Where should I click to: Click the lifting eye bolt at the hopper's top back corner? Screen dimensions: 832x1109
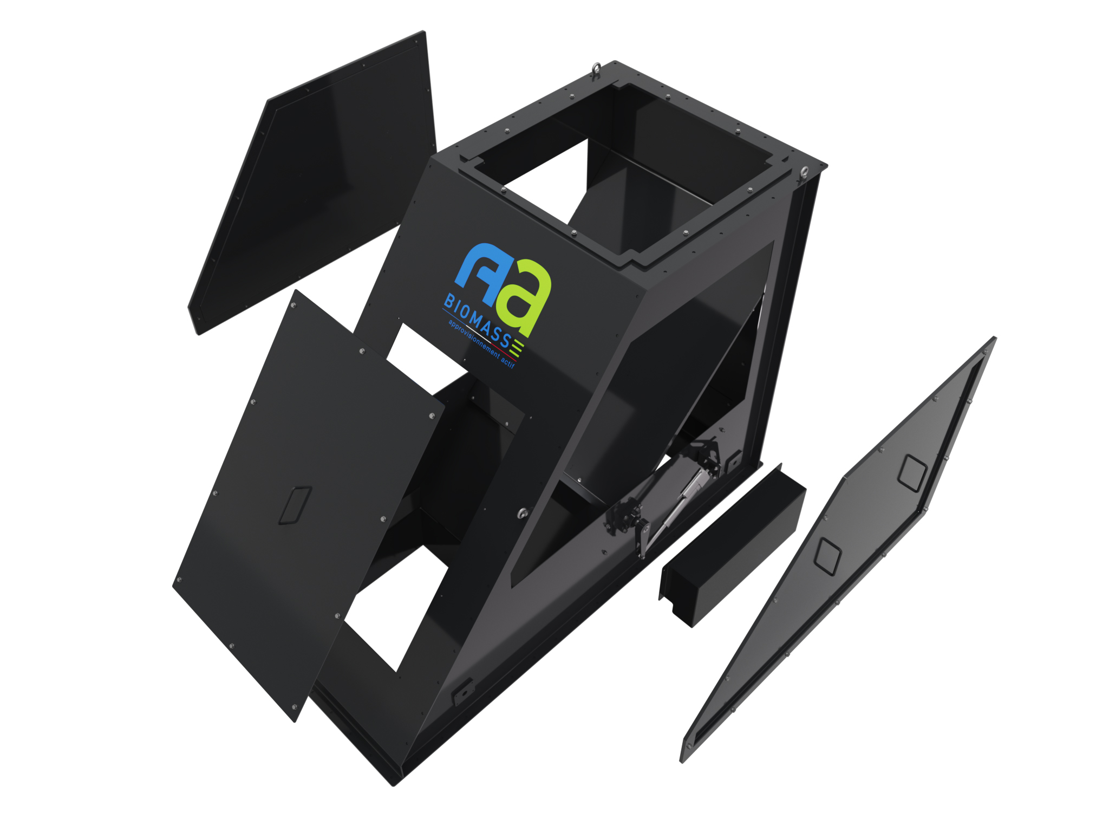[x=596, y=69]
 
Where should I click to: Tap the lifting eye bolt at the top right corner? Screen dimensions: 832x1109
[x=805, y=173]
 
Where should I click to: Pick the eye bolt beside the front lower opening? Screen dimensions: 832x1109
[x=523, y=512]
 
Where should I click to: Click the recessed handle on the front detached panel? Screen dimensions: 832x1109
[x=295, y=505]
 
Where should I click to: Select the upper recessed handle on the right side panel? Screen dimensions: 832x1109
[x=912, y=473]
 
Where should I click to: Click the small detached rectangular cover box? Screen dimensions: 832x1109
[x=731, y=547]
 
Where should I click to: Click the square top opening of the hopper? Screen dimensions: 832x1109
[x=623, y=168]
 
